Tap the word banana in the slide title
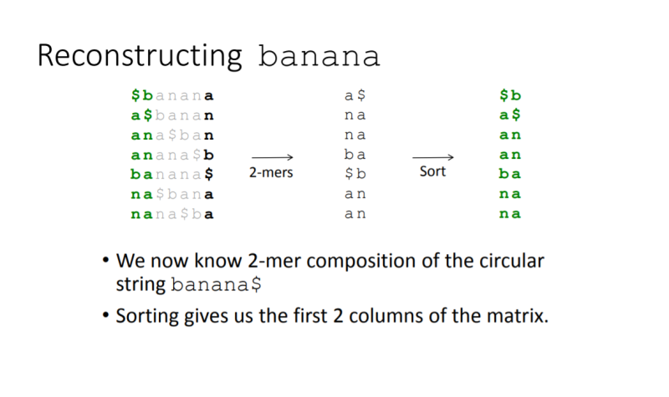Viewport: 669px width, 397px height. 319,56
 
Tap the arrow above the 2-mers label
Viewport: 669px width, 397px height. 272,156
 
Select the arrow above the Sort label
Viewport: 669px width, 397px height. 433,156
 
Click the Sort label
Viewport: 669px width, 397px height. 433,172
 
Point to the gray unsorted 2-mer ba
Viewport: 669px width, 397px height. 355,155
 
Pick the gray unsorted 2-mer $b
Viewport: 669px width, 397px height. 355,174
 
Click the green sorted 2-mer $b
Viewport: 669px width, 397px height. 510,96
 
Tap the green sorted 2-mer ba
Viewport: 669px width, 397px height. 510,174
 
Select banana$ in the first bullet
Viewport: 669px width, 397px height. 217,284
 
